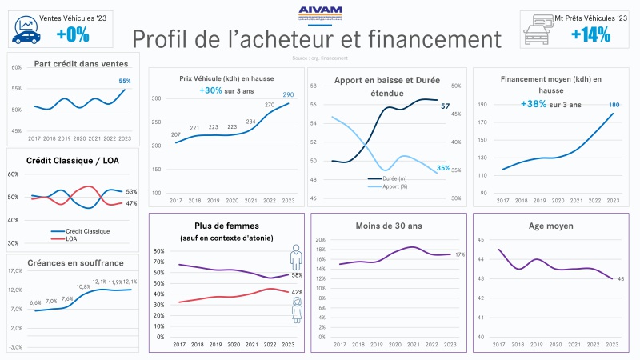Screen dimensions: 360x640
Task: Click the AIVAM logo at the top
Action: [x=319, y=12]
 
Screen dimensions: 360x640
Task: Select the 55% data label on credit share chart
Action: [x=125, y=81]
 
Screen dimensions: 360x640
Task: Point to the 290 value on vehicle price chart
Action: [x=288, y=95]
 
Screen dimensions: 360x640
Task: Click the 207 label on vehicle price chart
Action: [x=175, y=134]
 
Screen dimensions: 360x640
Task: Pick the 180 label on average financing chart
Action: [x=614, y=105]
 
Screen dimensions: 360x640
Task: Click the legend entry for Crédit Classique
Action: [x=84, y=231]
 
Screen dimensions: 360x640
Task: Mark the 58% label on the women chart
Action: [x=297, y=275]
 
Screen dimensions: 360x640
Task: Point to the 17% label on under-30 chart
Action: [x=460, y=254]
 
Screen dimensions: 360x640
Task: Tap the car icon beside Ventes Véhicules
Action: [x=26, y=32]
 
